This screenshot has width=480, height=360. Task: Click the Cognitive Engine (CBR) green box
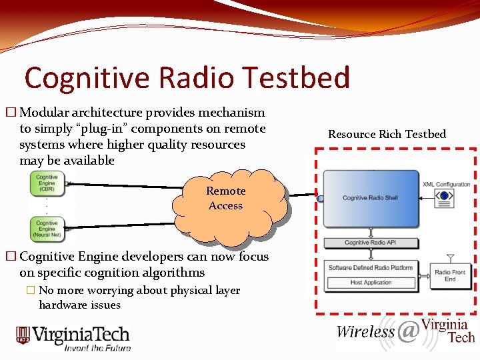(47, 183)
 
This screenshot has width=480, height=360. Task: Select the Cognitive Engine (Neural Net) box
(47, 229)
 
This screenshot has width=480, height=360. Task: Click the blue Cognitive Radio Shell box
(371, 199)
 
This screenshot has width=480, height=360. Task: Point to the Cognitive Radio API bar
(371, 243)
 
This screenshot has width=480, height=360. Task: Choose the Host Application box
(371, 283)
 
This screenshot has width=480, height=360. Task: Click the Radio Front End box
(450, 275)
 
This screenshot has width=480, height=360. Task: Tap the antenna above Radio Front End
(451, 258)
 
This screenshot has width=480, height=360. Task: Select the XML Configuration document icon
(445, 196)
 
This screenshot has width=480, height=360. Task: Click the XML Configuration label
(446, 185)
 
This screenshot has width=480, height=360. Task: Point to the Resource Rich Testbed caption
(387, 134)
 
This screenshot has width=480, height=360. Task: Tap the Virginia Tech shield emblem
(23, 336)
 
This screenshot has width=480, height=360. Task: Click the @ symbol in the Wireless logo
(408, 331)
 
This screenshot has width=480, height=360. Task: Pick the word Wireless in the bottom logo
(365, 331)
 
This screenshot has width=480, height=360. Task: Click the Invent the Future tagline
(97, 347)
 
